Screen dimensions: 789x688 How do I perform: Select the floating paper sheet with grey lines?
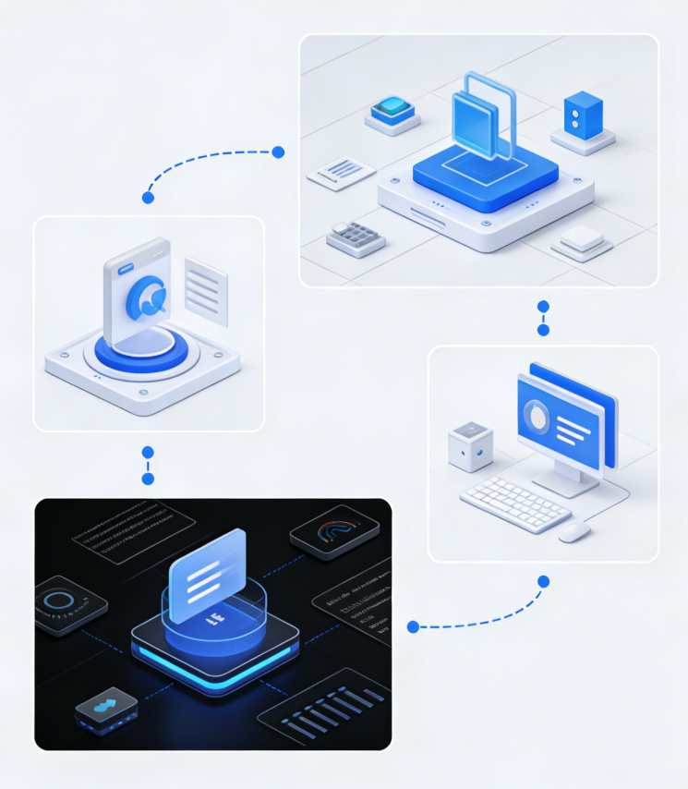206,290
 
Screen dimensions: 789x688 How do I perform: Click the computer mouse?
574,531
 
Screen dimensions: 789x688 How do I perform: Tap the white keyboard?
515,504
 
